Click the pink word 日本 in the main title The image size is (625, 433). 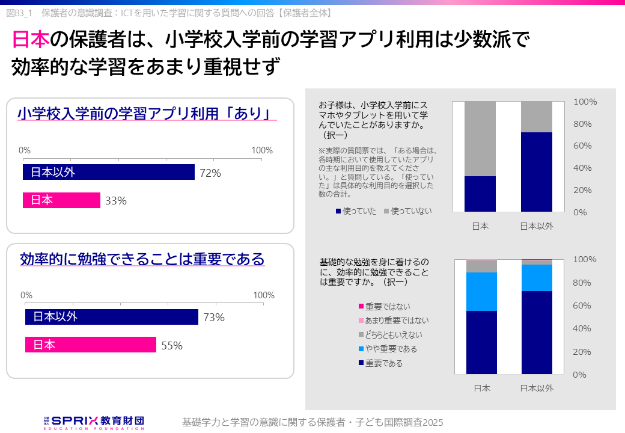tap(30, 40)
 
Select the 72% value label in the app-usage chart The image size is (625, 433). tap(210, 173)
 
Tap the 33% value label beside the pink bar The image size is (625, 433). tap(116, 201)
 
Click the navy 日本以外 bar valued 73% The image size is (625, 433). tap(111, 317)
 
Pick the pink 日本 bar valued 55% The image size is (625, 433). tap(90, 345)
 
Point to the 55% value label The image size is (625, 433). tap(172, 346)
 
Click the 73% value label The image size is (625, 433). tap(214, 318)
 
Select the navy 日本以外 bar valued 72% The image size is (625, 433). tap(109, 173)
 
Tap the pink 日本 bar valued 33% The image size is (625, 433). tap(61, 200)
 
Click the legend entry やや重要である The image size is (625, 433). tap(388, 349)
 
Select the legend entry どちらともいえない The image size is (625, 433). tap(390, 334)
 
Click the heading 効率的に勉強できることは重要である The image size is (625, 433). tap(142, 259)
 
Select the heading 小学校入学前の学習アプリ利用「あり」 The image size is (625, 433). tap(144, 114)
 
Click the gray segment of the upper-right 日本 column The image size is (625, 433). tap(480, 138)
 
